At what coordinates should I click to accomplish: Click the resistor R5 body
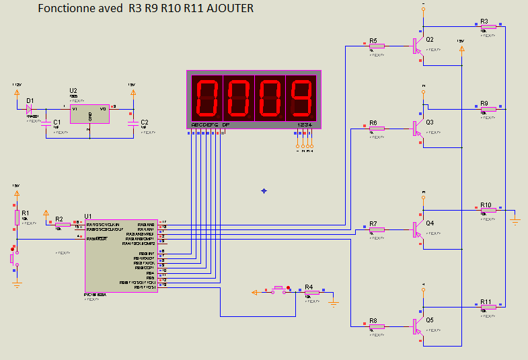(377, 46)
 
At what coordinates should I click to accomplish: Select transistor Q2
(417, 46)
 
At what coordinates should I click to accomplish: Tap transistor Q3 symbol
(417, 127)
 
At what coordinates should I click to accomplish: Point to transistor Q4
(417, 229)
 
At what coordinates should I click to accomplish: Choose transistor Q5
(417, 326)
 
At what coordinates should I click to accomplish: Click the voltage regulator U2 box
(90, 114)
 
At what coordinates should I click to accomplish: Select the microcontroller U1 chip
(121, 255)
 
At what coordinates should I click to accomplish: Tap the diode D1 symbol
(30, 108)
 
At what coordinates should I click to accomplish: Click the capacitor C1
(46, 124)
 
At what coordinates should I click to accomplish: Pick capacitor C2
(133, 124)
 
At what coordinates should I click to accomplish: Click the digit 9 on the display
(301, 98)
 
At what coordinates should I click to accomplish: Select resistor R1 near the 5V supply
(17, 217)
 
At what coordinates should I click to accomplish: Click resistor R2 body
(63, 225)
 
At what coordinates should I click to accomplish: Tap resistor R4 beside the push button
(311, 292)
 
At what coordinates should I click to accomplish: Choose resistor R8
(377, 326)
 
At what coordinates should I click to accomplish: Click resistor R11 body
(488, 307)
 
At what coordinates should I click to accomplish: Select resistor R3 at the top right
(488, 27)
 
